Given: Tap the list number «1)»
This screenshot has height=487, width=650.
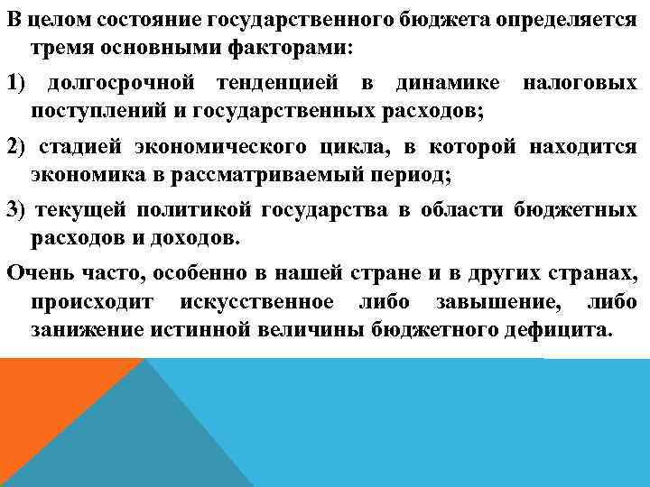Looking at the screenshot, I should (x=19, y=84).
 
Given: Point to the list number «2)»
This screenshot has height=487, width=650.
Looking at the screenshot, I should (x=19, y=147).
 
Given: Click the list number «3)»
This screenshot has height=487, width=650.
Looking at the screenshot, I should (x=19, y=210).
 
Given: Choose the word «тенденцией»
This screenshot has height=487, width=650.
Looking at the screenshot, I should (x=277, y=84).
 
